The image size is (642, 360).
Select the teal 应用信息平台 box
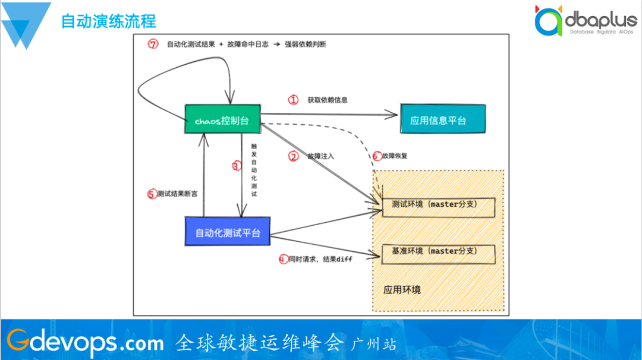[442, 119]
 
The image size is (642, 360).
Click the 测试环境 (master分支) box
[438, 205]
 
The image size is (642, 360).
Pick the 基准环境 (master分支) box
[438, 252]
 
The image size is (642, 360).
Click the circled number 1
[293, 100]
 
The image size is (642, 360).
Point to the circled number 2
[293, 157]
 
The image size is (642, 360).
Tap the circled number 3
[236, 166]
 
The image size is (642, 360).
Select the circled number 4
[284, 259]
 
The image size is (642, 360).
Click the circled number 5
[152, 194]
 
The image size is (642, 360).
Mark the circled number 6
[377, 156]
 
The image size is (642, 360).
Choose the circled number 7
[153, 45]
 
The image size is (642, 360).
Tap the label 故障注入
[321, 157]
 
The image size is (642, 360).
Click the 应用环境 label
[402, 290]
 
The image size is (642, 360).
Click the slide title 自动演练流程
[109, 21]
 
